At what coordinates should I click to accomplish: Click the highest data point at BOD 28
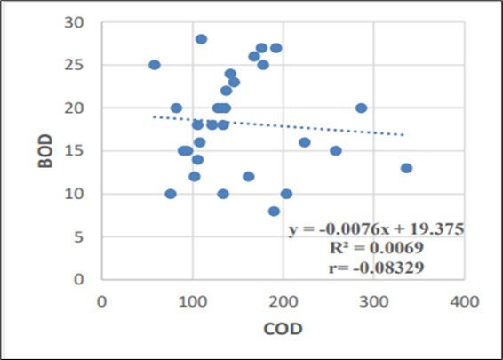[x=201, y=39]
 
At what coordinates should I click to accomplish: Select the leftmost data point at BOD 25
[x=154, y=65]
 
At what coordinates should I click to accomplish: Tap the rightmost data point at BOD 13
[x=406, y=168]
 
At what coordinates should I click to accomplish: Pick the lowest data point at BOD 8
[x=274, y=211]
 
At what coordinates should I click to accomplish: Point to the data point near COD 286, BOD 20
[x=361, y=108]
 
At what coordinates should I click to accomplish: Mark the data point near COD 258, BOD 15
[x=336, y=150]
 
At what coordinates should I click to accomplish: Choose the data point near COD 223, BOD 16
[x=305, y=142]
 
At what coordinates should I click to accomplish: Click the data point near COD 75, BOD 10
[x=171, y=194]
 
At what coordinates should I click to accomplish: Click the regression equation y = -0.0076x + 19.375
[x=376, y=230]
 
